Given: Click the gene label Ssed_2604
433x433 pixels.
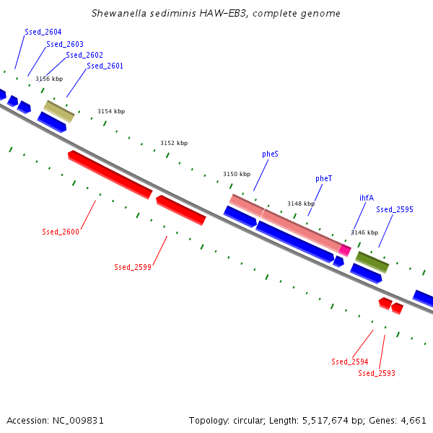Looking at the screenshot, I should coord(43,32).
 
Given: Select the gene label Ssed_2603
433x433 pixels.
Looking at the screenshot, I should coord(65,44).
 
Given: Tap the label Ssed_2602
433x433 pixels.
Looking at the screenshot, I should coord(84,55).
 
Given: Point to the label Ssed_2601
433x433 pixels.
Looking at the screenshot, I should coord(105,66).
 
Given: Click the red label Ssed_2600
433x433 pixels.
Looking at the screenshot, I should coord(61,232).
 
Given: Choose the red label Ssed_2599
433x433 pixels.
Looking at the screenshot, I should coord(133,267).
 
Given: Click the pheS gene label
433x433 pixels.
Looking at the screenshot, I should coord(271,154).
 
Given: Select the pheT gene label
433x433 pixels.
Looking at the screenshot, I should coord(323,178).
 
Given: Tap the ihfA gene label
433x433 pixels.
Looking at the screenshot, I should coord(367,197).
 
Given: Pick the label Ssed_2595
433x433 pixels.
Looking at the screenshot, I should coord(395,209).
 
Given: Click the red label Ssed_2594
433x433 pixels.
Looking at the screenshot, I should coord(350,362).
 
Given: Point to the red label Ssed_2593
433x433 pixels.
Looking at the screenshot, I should coord(377,373).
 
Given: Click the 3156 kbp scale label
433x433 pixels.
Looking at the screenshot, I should coord(49,79).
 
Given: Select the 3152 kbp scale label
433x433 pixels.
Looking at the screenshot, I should coord(174,143).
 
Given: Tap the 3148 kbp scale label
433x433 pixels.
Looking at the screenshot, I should coord(301,204).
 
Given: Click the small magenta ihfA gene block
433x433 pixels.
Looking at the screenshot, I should coord(345,250).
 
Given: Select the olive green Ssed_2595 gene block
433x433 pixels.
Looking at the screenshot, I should coord(372,261).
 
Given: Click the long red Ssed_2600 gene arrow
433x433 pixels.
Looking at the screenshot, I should coord(110,174).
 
